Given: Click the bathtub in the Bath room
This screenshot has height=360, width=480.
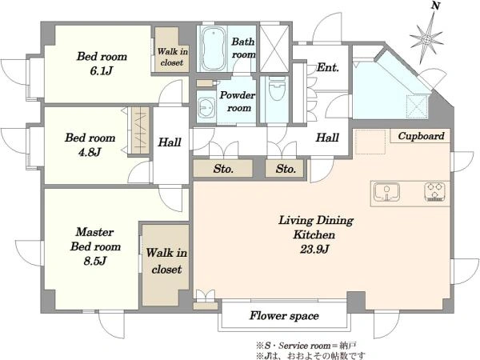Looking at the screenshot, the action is coord(214,49).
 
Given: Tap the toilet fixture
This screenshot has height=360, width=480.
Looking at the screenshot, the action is coord(278,89).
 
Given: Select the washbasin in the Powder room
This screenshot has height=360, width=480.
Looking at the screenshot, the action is coord(206,107).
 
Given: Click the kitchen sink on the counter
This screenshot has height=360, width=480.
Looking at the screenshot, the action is coord(386,192).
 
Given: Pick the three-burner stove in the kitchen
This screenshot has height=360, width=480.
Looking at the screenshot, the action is coord(434,192).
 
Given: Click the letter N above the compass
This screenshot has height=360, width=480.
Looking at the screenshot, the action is coord(436,6).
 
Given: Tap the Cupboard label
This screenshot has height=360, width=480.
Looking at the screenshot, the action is coord(421,136).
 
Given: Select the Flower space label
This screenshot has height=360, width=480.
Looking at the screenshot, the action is coord(284,316).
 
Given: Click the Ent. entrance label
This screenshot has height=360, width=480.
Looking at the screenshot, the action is coord(328,67).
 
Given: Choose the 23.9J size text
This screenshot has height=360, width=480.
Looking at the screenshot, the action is coord(314,249).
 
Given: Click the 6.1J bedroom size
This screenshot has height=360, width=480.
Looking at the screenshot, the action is coord(102,71).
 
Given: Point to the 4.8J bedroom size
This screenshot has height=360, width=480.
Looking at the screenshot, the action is coord(90,152).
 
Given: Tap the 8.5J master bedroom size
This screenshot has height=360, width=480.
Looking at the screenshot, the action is coord(95,261).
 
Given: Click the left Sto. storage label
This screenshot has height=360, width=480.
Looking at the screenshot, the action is coord(223,169).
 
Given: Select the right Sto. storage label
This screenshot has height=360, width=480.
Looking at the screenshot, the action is coord(286,169).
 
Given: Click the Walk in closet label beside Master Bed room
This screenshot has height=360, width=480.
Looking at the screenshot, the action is coord(166,261).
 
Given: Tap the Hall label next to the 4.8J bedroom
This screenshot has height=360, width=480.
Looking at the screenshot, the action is coord(170,142).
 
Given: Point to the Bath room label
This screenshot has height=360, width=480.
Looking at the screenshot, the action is coord(243,48).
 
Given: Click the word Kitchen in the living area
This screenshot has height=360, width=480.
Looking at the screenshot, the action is coord(314,234).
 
